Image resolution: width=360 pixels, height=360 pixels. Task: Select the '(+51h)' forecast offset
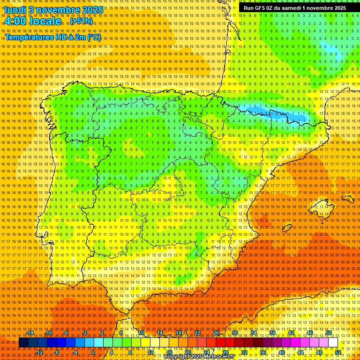[81, 21]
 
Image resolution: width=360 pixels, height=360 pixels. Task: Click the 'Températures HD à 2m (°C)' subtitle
[52, 37]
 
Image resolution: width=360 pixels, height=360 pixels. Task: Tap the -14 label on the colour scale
[30, 333]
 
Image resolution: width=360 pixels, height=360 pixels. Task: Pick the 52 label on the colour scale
[338, 352]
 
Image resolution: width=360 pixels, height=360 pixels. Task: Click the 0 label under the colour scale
[93, 352]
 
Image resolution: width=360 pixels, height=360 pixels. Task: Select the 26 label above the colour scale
[216, 333]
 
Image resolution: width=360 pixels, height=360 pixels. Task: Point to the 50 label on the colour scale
[329, 333]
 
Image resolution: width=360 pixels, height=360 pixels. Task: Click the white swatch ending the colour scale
[333, 343]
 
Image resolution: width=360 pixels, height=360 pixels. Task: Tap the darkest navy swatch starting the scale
[23, 343]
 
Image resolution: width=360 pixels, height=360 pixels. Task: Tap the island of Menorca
[347, 198]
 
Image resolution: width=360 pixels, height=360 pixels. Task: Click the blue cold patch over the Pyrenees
[277, 114]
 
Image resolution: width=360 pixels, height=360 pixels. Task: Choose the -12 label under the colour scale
[40, 352]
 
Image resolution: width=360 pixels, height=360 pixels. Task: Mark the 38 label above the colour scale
[272, 333]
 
